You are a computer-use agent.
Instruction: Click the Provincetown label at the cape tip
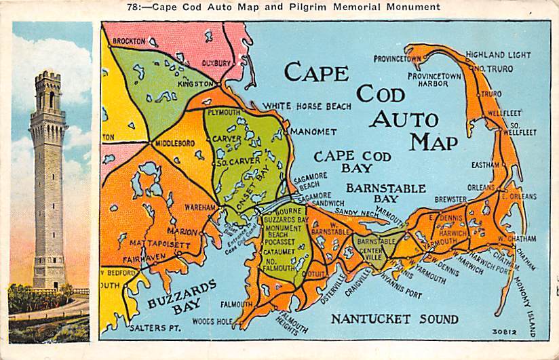pyautogui.click(x=398, y=58)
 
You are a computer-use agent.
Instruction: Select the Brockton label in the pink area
pyautogui.click(x=129, y=41)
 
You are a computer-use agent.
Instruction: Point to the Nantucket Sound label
pyautogui.click(x=394, y=319)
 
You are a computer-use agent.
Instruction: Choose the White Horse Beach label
pyautogui.click(x=308, y=106)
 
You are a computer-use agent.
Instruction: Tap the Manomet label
pyautogui.click(x=313, y=131)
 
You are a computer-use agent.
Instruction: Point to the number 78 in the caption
pyautogui.click(x=134, y=7)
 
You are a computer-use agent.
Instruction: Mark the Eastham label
pyautogui.click(x=485, y=164)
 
